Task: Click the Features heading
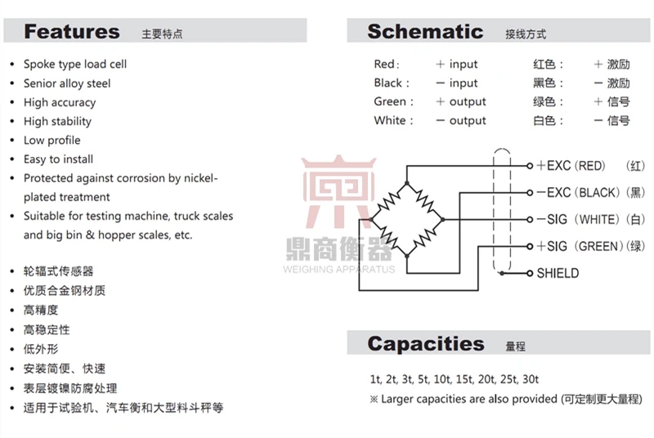[x=72, y=32]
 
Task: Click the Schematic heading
[x=425, y=32]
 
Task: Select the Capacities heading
[x=426, y=344]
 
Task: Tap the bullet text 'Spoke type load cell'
[x=75, y=65]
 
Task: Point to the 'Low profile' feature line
[x=52, y=140]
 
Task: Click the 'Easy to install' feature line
[x=58, y=159]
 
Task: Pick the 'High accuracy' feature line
[x=60, y=102]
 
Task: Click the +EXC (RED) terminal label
[x=571, y=166]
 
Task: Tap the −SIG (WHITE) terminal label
[x=578, y=219]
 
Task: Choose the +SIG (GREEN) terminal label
[x=580, y=246]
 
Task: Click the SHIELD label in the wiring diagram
[x=558, y=274]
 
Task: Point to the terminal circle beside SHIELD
[x=530, y=274]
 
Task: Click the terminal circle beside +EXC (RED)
[x=530, y=166]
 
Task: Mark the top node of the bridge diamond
[x=407, y=183]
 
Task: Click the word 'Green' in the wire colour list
[x=390, y=101]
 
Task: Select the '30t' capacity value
[x=531, y=379]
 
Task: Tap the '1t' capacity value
[x=375, y=379]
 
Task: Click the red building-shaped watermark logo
[x=338, y=191]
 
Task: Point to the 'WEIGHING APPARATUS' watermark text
[x=338, y=269]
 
